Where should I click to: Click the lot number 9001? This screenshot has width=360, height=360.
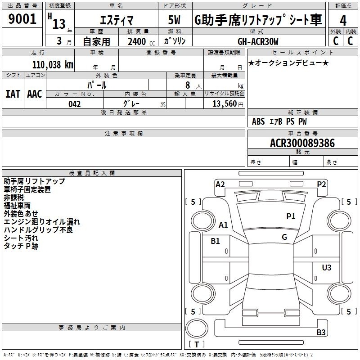click(22, 19)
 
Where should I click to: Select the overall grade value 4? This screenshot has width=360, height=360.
click(343, 21)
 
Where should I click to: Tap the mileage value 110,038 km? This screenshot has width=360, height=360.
click(53, 64)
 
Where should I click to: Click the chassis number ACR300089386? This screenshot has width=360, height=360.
click(302, 143)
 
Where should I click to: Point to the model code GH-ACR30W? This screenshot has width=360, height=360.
click(258, 41)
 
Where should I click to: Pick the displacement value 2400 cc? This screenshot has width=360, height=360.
click(141, 42)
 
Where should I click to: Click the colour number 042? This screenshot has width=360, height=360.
click(74, 104)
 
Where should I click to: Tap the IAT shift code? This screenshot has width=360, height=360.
click(13, 94)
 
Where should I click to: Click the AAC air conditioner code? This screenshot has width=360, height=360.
click(35, 94)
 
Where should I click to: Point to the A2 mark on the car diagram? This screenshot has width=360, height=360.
click(220, 184)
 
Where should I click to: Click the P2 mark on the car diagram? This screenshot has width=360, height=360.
click(321, 184)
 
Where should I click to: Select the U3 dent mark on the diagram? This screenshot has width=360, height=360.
click(327, 267)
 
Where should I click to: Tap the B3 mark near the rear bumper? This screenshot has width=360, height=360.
click(321, 332)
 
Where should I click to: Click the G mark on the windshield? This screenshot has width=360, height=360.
click(284, 237)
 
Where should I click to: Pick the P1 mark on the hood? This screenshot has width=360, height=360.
click(291, 216)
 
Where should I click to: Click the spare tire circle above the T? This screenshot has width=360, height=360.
click(197, 328)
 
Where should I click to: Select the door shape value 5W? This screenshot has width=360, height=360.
click(174, 20)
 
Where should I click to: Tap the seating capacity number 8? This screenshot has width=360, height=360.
click(188, 85)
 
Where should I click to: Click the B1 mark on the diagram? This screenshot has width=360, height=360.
click(215, 241)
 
